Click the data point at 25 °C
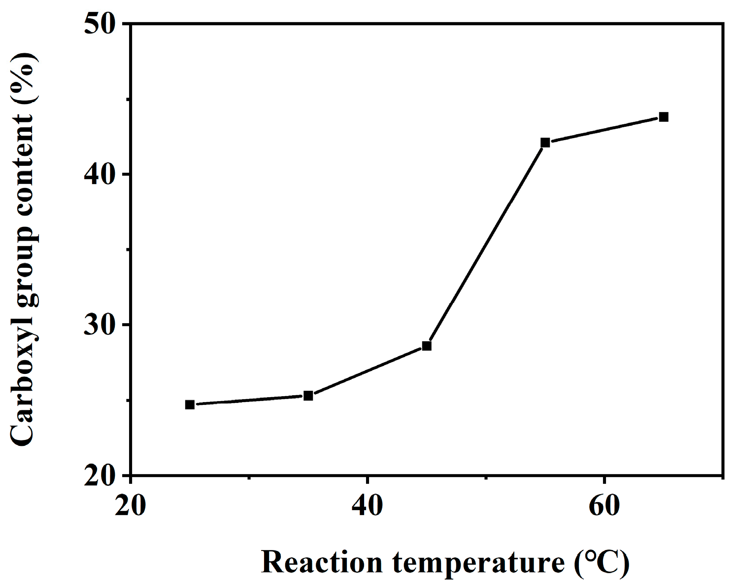click(190, 404)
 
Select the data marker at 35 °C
click(308, 396)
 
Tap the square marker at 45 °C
click(427, 346)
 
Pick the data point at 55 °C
click(545, 143)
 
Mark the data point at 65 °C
click(664, 117)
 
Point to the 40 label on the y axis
click(101, 175)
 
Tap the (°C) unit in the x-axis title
click(602, 562)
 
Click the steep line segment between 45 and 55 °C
click(486, 244)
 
